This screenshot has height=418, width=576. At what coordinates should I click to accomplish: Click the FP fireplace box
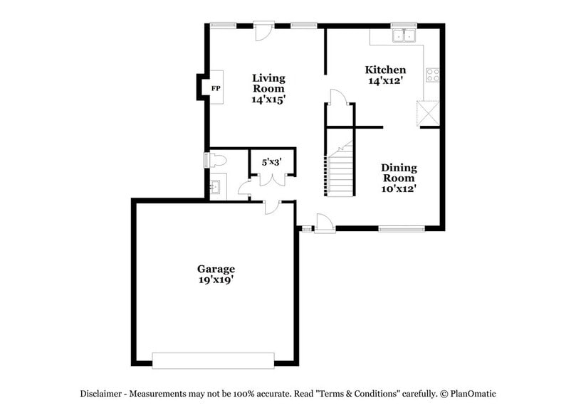[216, 88]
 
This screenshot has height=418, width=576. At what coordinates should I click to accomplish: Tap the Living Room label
[268, 88]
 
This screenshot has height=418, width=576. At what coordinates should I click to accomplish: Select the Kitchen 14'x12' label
[385, 75]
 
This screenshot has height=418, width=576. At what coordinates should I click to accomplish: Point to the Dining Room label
[399, 178]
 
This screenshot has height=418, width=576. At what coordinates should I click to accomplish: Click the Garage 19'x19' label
[216, 274]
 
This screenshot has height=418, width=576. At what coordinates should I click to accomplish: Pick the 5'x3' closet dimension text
[271, 162]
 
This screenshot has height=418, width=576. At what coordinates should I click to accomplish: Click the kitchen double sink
[404, 36]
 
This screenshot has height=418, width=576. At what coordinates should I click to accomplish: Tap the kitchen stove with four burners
[432, 74]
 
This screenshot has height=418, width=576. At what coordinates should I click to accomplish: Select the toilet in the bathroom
[216, 161]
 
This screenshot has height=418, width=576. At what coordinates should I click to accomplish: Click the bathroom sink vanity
[216, 188]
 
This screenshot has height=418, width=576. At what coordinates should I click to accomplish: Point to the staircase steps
[341, 175]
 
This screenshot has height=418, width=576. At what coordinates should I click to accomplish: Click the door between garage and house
[272, 206]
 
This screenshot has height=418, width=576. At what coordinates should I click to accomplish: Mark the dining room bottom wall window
[401, 229]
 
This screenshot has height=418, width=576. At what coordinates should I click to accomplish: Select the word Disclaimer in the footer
[102, 393]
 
